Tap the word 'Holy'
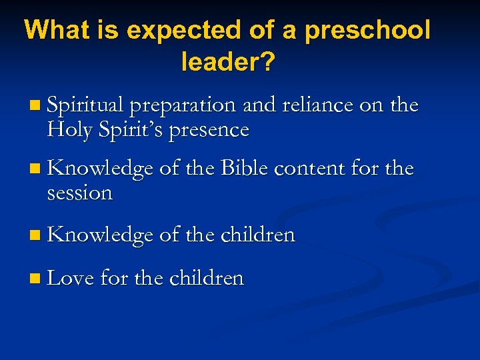[x=69, y=129]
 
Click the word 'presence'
[x=209, y=129]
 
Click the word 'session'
[x=80, y=193]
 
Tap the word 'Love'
[x=71, y=277]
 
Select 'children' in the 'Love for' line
[x=207, y=277]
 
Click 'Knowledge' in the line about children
[x=100, y=235]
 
